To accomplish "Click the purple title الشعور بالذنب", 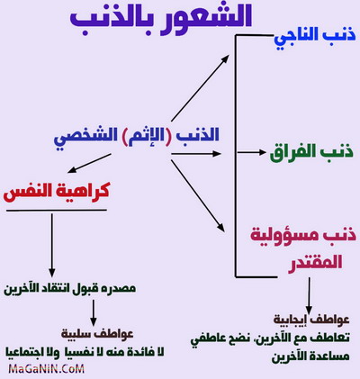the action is [x=161, y=18].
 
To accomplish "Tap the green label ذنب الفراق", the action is [x=312, y=153].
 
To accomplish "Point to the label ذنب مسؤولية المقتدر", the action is [x=303, y=248].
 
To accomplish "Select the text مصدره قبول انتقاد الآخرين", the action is [x=70, y=288].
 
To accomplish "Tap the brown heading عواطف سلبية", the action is [x=97, y=334].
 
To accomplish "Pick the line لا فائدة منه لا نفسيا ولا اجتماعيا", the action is [x=85, y=352].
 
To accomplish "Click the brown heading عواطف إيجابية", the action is [x=311, y=320].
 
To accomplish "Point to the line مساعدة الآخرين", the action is [x=310, y=356].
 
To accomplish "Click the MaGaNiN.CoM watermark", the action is [x=47, y=368].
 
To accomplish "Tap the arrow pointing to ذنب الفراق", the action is [x=251, y=152].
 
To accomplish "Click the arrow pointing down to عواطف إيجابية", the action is [x=309, y=295].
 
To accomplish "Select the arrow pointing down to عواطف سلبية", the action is [x=94, y=313].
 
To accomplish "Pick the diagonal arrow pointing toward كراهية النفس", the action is [x=89, y=164].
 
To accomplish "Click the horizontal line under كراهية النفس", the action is [x=57, y=210].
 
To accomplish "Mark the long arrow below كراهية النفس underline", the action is [x=52, y=246].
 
